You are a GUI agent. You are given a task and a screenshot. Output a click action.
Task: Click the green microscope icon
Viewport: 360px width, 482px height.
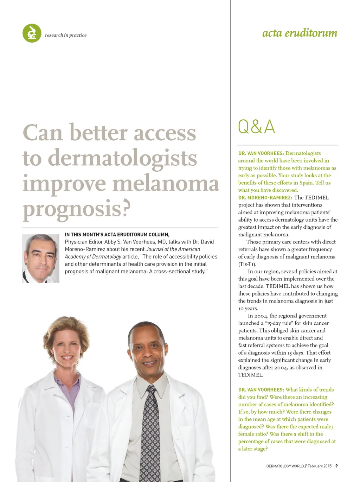32,33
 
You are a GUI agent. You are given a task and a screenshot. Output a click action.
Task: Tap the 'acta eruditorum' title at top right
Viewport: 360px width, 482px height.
300,33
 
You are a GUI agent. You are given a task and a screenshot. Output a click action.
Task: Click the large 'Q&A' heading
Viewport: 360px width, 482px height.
256,127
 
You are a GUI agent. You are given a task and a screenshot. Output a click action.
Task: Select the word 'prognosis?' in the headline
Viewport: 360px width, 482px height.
77,208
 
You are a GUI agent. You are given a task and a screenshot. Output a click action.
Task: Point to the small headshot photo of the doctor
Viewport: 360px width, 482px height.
41,259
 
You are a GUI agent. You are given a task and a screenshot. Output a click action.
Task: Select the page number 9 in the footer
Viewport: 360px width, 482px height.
336,466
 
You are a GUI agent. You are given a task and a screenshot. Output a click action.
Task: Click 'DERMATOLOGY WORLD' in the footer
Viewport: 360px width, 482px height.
285,466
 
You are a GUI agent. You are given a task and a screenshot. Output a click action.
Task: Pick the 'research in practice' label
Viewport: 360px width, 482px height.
66,35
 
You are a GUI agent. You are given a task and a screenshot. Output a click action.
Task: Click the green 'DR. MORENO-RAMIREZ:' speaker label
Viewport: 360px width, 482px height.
265,198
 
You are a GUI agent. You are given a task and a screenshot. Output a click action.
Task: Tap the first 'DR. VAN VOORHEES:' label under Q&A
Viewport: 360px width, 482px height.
261,153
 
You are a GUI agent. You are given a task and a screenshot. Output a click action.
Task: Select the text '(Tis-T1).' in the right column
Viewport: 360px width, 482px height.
247,264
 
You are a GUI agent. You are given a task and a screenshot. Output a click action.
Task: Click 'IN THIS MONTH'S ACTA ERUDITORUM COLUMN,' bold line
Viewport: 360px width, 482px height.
117,234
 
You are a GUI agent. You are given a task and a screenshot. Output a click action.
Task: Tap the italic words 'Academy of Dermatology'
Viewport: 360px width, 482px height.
93,256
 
